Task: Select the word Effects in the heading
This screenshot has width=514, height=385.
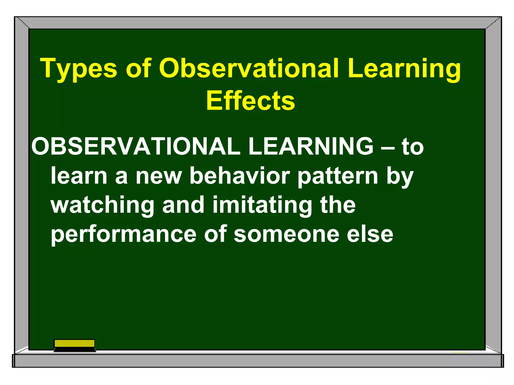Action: tap(250, 101)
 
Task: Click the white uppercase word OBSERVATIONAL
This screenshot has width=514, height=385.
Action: tap(136, 146)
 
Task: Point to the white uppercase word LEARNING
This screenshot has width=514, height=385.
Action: tap(311, 146)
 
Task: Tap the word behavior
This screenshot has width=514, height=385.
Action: tap(240, 176)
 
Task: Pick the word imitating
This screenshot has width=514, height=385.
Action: tap(262, 206)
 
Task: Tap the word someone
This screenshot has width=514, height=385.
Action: tap(286, 235)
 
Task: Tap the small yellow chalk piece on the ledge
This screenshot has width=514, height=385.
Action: tap(460, 352)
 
